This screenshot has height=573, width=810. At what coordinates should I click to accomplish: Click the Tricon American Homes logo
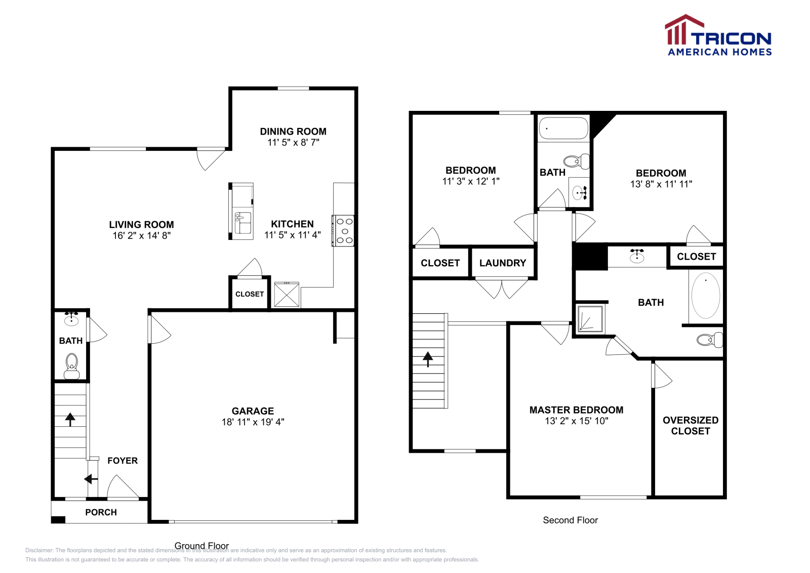click(x=718, y=35)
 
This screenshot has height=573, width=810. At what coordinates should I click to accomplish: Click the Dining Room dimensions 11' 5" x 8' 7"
click(x=293, y=143)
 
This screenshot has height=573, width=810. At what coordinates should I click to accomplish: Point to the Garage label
click(x=253, y=411)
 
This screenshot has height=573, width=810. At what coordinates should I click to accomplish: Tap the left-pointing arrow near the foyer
click(x=91, y=479)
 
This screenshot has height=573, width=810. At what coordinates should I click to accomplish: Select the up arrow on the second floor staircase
click(x=428, y=358)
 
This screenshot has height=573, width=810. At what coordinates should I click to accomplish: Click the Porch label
click(x=101, y=512)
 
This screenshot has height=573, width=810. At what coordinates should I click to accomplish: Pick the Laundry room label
click(x=503, y=263)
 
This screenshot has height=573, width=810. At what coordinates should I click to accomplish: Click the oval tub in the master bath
click(x=706, y=296)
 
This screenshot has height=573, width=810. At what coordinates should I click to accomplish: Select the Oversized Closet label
click(x=691, y=426)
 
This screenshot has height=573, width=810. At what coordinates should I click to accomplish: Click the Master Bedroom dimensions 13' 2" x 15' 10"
click(x=576, y=421)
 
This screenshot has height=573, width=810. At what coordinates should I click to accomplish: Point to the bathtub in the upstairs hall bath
click(x=563, y=128)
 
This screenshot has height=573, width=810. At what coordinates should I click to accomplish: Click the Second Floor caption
click(x=570, y=520)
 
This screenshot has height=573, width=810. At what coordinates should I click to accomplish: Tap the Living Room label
click(x=141, y=225)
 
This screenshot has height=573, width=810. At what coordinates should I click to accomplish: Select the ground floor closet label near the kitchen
click(x=250, y=294)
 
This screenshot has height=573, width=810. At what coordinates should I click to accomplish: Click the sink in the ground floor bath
click(x=71, y=320)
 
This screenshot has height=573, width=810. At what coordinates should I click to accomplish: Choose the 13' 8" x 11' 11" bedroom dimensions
click(x=661, y=184)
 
